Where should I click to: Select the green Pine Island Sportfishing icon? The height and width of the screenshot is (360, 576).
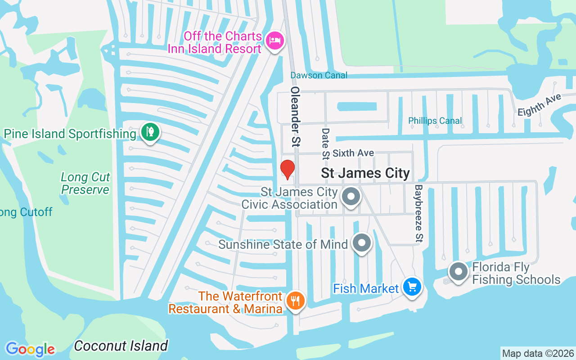149,132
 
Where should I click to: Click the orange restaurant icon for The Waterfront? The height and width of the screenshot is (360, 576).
295,300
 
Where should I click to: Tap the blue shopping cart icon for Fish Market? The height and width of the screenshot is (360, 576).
412,287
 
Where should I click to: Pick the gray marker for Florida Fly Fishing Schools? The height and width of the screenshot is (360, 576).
459,272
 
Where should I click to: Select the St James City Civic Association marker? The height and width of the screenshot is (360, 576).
351,197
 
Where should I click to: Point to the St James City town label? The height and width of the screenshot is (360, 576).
365,173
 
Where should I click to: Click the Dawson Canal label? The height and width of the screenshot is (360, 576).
319,75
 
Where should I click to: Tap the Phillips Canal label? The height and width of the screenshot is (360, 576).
435,121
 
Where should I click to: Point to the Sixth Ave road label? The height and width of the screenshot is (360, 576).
353,153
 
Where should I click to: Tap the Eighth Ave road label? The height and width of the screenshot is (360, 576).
539,104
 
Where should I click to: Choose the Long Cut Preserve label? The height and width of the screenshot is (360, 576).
85,184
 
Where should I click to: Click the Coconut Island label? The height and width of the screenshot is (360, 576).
121,346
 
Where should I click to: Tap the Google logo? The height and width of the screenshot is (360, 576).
30,349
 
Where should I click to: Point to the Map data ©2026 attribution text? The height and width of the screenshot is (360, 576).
538,354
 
